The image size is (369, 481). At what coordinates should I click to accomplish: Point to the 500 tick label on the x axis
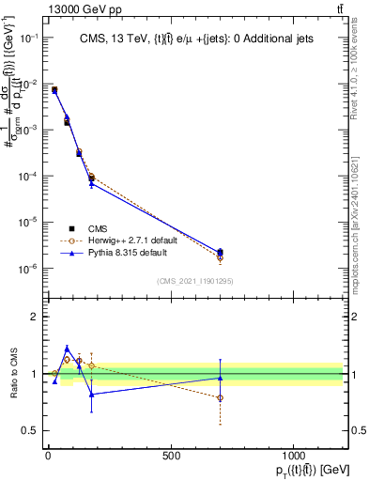pos(171,456)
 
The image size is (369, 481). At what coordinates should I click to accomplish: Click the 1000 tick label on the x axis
pos(293,456)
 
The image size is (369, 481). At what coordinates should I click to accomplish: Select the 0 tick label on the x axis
pos(48,456)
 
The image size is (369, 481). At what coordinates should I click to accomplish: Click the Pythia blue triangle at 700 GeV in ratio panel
pos(220,378)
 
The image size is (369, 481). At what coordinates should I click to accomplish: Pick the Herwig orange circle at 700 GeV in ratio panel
pos(220,397)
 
